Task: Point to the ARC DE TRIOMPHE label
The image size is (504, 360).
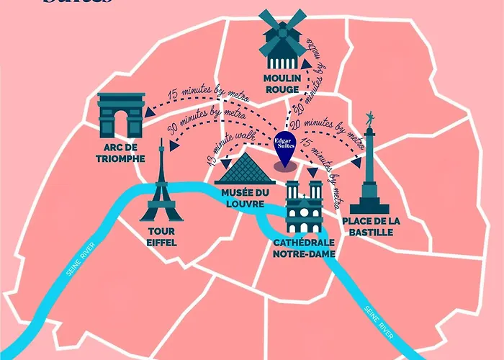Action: (120, 154)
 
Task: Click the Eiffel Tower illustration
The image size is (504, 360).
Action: (161, 189)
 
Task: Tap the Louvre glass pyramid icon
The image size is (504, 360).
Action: (240, 170)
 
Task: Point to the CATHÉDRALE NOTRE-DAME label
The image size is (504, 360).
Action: (305, 248)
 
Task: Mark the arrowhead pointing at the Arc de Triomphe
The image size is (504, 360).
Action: (149, 112)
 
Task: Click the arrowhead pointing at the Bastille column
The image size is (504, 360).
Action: (356, 162)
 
